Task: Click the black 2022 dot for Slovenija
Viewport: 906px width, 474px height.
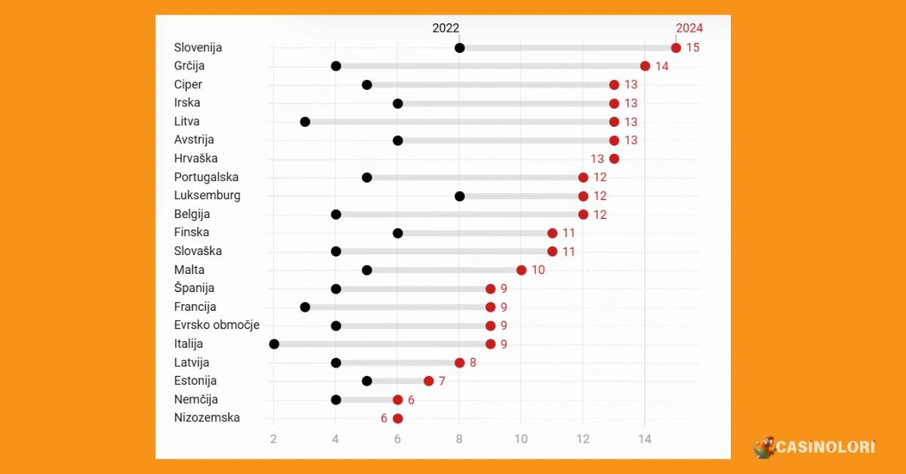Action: pos(459,48)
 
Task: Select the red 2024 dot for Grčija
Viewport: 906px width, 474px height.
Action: pos(645,66)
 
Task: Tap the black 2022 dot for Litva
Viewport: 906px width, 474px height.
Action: pos(305,122)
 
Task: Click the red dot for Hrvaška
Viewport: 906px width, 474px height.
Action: pos(614,159)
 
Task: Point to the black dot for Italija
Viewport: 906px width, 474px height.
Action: pos(274,344)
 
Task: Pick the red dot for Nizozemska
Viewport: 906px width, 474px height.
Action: pos(398,418)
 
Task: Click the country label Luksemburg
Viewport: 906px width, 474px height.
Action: pos(207,195)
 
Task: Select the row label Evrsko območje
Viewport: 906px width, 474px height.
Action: pos(217,325)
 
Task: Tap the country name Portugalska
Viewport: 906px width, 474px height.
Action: pos(206,177)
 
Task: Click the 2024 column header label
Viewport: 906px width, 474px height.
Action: pos(689,28)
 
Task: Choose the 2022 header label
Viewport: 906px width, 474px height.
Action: pos(445,28)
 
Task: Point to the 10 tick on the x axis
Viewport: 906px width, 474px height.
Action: pos(521,439)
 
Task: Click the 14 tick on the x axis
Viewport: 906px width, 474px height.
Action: pos(645,439)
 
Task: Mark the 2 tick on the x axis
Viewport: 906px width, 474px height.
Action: pos(274,439)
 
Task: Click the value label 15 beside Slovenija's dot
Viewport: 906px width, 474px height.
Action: pos(692,48)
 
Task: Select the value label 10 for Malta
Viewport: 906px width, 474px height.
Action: pos(538,270)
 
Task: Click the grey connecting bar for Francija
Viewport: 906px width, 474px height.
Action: pos(398,307)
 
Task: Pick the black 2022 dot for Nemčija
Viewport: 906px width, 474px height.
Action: pos(336,400)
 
